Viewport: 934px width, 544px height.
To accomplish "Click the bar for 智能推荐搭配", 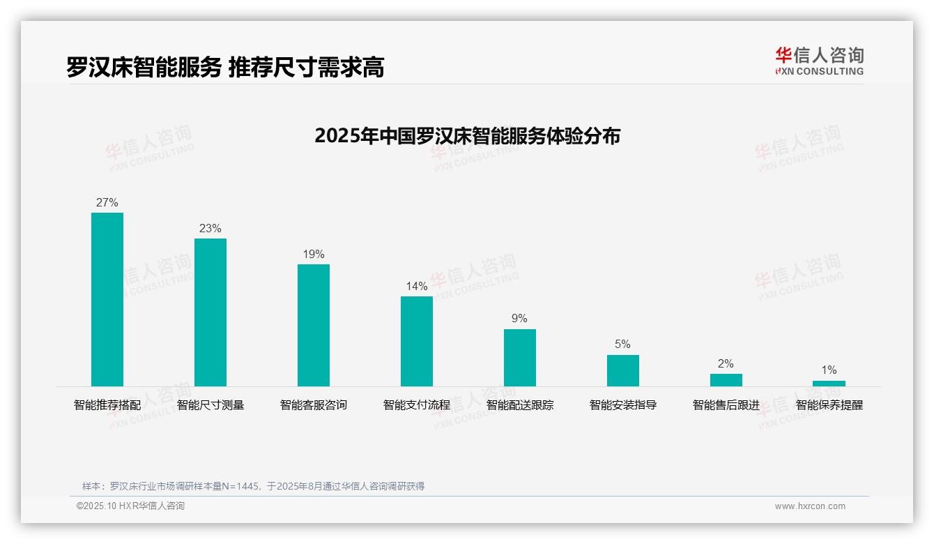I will [x=107, y=299].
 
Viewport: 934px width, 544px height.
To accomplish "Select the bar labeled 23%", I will [x=210, y=312].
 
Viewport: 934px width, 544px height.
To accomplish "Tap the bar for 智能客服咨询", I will [x=314, y=325].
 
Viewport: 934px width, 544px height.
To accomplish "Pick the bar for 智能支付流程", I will [x=417, y=341].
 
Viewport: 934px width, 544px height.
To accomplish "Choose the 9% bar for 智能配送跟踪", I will [x=520, y=357].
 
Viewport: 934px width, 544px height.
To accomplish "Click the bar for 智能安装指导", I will [x=622, y=370].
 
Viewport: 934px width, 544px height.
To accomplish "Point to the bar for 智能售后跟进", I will [x=726, y=380].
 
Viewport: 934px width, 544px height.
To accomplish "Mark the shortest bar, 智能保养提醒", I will [x=829, y=384].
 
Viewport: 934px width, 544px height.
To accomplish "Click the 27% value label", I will [x=107, y=203].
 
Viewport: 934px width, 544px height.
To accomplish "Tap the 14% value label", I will [x=417, y=287].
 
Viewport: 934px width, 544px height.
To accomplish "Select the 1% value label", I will [x=829, y=370].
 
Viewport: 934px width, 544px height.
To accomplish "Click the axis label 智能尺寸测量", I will [x=210, y=405].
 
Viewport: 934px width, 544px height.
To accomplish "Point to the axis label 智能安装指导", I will [x=622, y=405].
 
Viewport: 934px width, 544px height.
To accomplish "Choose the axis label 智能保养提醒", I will [x=829, y=405].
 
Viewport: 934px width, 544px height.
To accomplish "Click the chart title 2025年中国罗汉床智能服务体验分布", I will [x=467, y=136].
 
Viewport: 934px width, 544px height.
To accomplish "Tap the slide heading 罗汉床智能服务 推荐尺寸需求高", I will [x=225, y=68].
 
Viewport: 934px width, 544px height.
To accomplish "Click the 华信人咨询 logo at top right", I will [x=819, y=61].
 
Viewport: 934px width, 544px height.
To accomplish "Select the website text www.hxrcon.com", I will [x=810, y=506].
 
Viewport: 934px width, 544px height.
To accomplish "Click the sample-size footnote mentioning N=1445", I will [x=253, y=486].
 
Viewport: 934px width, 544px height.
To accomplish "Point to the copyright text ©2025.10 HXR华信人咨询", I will [x=130, y=506].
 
